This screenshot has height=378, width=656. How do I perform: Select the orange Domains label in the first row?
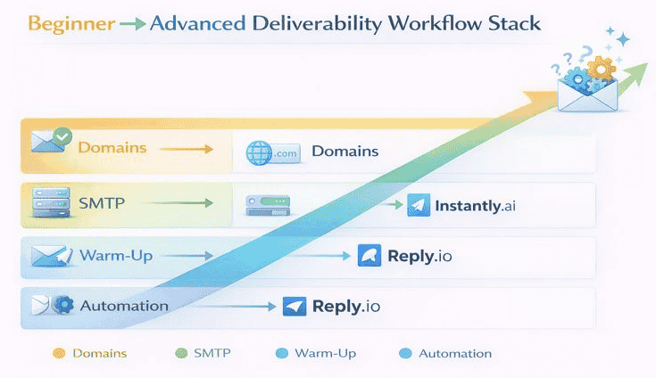click(x=112, y=147)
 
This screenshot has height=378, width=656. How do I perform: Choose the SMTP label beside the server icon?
click(x=103, y=203)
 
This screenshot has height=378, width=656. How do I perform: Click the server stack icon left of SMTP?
click(x=45, y=204)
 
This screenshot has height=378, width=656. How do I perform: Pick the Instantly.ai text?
click(x=475, y=206)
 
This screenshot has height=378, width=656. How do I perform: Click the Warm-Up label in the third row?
click(x=116, y=256)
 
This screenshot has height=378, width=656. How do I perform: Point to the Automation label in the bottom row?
click(x=124, y=306)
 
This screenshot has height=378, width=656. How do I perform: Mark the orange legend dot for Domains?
click(x=59, y=354)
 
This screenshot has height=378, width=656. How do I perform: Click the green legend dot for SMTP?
click(x=180, y=354)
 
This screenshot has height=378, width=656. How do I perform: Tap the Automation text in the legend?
click(x=454, y=354)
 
